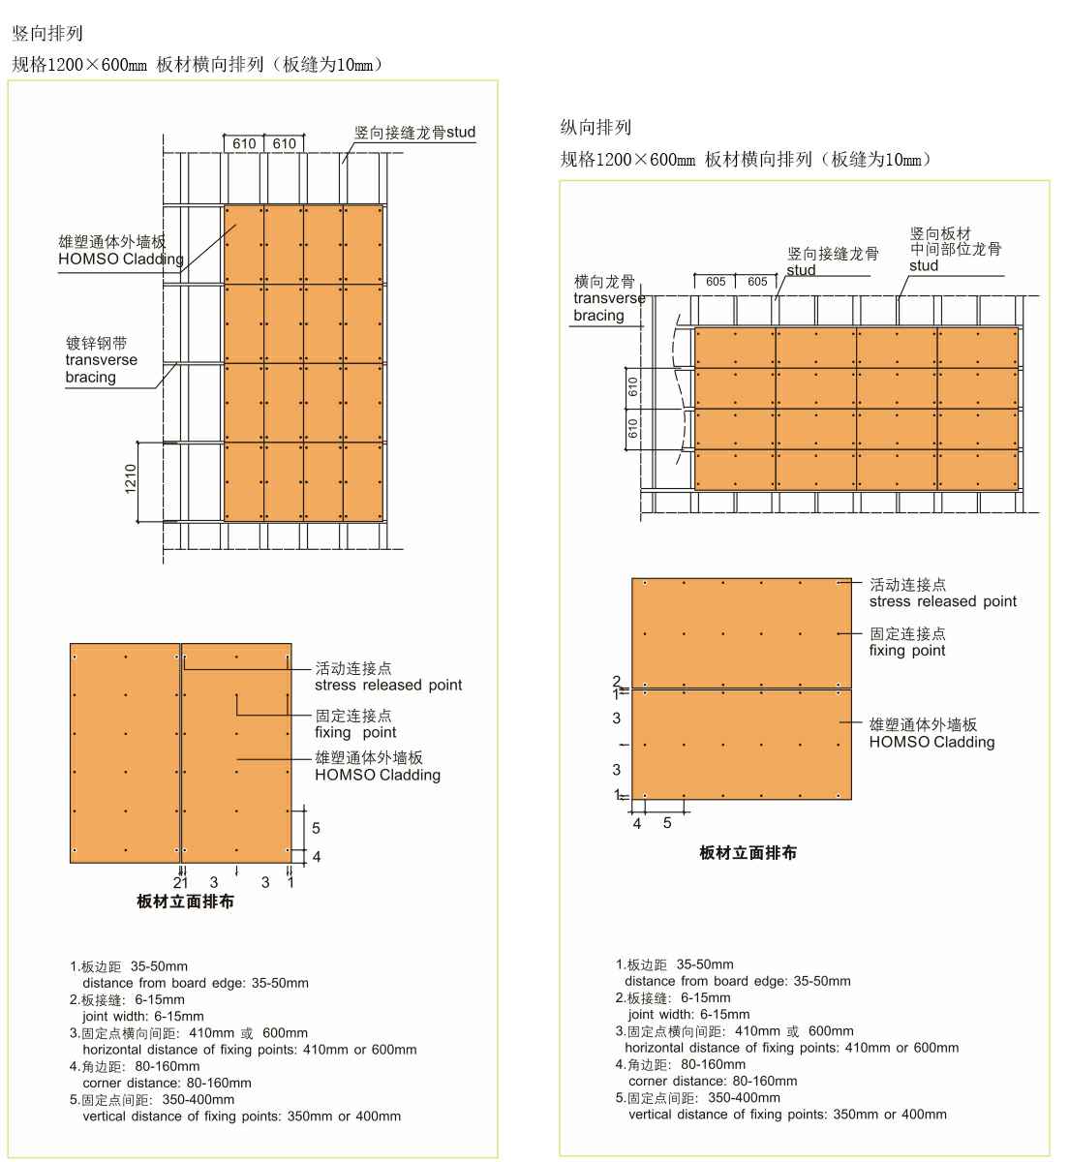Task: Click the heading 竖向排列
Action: (x=46, y=34)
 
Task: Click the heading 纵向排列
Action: (x=596, y=127)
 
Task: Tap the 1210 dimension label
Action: (x=131, y=480)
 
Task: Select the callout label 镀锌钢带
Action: (x=96, y=343)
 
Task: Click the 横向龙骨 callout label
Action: (x=603, y=282)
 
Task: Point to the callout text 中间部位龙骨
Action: (x=955, y=249)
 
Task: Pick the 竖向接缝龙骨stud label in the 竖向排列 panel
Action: (x=414, y=132)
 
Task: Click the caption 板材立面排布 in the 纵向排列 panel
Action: (x=748, y=853)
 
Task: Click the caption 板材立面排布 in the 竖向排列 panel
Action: (x=185, y=902)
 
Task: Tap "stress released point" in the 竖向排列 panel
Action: (x=387, y=685)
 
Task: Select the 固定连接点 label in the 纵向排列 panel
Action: (x=907, y=633)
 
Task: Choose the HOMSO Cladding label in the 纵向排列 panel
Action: (x=932, y=742)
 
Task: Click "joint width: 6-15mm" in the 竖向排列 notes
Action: (x=143, y=1016)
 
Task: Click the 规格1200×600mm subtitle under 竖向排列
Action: (x=198, y=65)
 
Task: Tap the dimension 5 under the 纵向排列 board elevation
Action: (x=667, y=823)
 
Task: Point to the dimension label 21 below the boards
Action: (x=180, y=882)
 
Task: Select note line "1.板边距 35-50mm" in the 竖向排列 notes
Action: (x=129, y=966)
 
